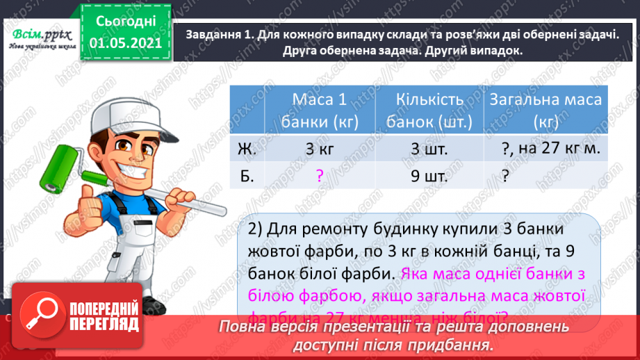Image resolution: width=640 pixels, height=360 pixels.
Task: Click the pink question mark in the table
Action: coord(319,177)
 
